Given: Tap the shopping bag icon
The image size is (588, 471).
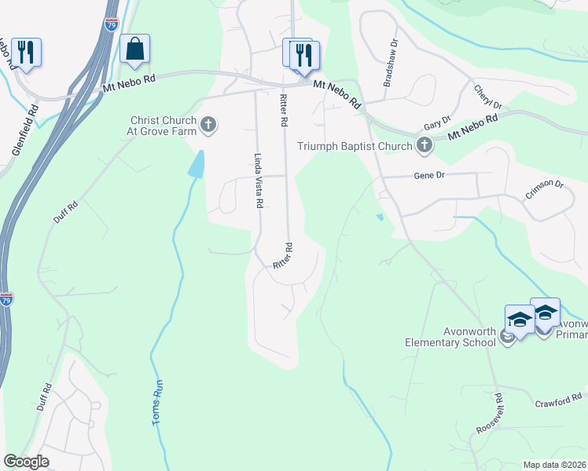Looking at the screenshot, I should click(x=135, y=49).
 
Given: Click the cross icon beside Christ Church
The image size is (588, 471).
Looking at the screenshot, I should click(x=208, y=124).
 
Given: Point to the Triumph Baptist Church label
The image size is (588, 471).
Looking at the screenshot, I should click(x=355, y=146).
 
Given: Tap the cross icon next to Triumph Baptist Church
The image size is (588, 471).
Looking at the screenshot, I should click(x=424, y=145).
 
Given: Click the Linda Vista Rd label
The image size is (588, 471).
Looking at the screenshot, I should click(x=257, y=180).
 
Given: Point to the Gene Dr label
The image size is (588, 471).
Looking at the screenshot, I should click(x=429, y=176).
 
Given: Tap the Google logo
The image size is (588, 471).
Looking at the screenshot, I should click(x=26, y=462).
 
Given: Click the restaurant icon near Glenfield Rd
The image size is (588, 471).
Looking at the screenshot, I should click(x=26, y=53).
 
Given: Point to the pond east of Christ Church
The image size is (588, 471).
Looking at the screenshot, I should click(x=197, y=163).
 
